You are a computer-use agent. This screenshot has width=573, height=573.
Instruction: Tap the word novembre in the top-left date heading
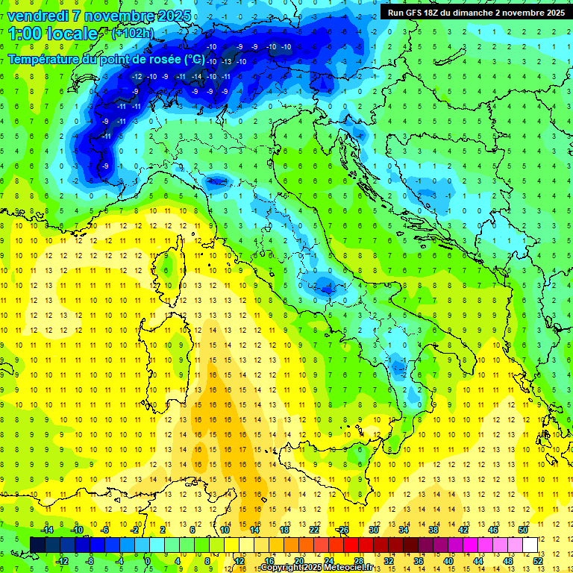[x=118, y=15]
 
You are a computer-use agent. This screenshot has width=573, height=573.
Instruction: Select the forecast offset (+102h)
[x=132, y=33]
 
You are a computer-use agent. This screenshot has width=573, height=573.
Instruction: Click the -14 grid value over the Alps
[x=196, y=77]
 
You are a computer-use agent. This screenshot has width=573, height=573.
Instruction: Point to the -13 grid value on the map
[x=226, y=61]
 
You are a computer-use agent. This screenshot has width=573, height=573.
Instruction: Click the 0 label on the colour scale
[x=148, y=560]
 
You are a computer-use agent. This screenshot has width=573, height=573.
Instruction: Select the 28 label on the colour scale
[x=359, y=560]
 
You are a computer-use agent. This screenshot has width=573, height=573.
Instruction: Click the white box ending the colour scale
[x=530, y=545]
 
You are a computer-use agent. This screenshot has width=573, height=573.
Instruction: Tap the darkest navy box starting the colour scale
[x=37, y=545]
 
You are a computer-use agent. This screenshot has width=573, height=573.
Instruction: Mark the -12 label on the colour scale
[x=63, y=560]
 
